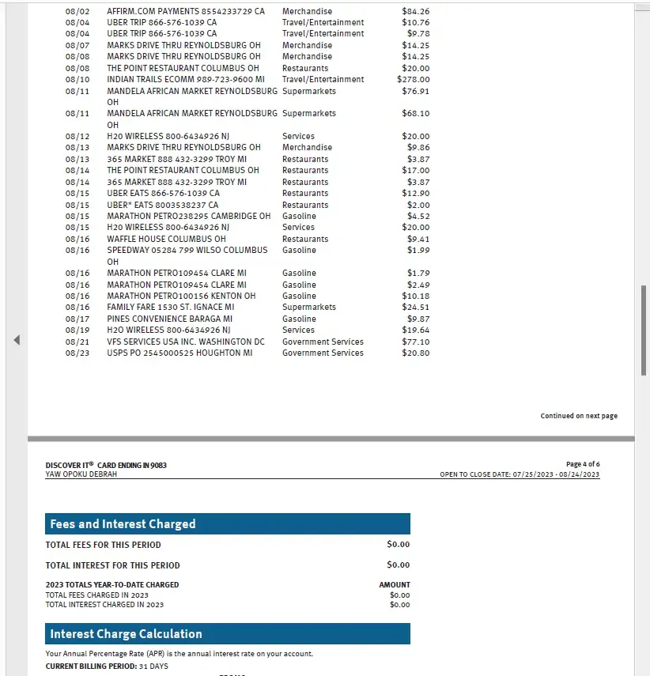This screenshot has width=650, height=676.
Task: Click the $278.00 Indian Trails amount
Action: pos(414,79)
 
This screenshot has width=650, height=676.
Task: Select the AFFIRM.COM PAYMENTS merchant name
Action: pos(186,11)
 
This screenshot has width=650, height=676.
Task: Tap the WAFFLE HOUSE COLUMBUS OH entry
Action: pos(166,239)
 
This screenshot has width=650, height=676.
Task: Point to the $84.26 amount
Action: pos(416,11)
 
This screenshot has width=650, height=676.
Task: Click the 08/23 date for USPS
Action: pos(77,353)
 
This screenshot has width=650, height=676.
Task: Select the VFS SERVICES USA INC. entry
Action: pos(186,342)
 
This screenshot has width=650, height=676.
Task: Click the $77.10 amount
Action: pos(416,342)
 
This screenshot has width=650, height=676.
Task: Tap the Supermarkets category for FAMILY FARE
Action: pos(309,307)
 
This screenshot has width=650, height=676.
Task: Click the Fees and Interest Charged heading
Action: pos(123,523)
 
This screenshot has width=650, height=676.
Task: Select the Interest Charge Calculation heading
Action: pos(126,633)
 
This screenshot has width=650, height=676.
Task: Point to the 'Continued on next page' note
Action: pos(579,416)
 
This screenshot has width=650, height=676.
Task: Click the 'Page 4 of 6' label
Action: pos(583,464)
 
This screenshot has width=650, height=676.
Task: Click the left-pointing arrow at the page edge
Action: pos(17,340)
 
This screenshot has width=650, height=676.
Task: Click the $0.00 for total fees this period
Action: pos(399,544)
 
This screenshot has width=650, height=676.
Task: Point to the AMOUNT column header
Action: pos(395,585)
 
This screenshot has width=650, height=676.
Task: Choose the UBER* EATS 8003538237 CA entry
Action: pos(163,205)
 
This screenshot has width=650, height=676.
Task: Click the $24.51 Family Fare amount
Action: pos(416,307)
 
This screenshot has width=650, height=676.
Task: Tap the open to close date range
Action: pos(520,474)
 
